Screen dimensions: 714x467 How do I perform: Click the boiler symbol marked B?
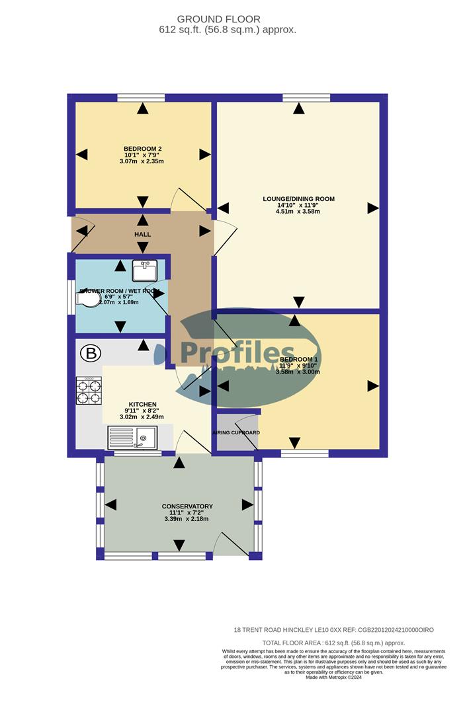point(91,354)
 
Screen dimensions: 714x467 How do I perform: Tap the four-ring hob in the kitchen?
point(89,390)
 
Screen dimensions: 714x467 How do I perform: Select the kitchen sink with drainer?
point(132,437)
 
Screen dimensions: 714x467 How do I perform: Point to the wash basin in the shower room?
point(144,270)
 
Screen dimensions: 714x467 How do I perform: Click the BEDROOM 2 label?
point(143,149)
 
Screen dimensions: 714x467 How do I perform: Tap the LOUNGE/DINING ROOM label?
point(298,199)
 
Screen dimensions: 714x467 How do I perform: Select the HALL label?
point(142,235)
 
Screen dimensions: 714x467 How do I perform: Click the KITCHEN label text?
point(142,404)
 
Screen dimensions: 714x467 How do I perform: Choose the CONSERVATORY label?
point(187,506)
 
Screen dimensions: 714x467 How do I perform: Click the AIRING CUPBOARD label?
point(236,433)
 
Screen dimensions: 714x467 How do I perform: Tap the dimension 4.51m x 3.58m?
point(298,212)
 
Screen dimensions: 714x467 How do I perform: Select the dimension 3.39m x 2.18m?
point(187,519)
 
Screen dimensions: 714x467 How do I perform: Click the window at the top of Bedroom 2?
point(141,98)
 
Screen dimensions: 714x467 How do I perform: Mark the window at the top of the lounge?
point(306,98)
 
